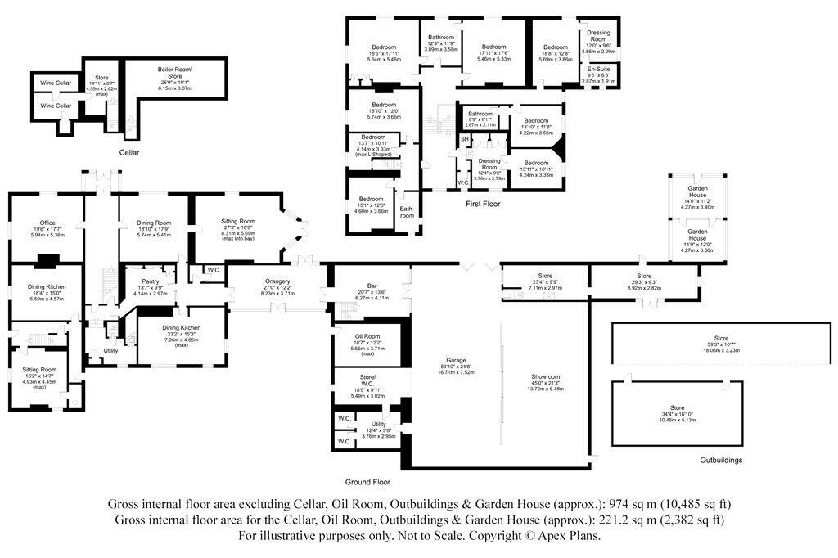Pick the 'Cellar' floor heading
tap(128, 153)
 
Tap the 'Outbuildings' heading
tap(721, 461)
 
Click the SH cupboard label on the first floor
tap(464, 140)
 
